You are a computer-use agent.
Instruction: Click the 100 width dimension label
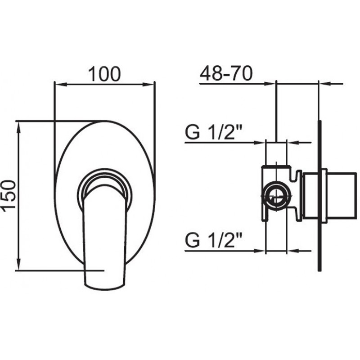[104, 74]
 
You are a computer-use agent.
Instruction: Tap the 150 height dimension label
[8, 195]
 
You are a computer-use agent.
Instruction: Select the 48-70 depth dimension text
[226, 73]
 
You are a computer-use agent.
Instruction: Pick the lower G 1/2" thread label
[214, 240]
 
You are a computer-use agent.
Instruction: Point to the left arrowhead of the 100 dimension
[61, 85]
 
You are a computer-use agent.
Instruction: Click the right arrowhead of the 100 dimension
[148, 85]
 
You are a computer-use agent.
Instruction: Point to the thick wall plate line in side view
[319, 196]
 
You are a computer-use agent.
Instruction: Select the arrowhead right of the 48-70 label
[269, 84]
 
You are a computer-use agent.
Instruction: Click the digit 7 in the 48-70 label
[237, 73]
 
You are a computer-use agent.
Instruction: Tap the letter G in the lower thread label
[193, 240]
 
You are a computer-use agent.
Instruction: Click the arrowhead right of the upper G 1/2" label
[259, 143]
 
